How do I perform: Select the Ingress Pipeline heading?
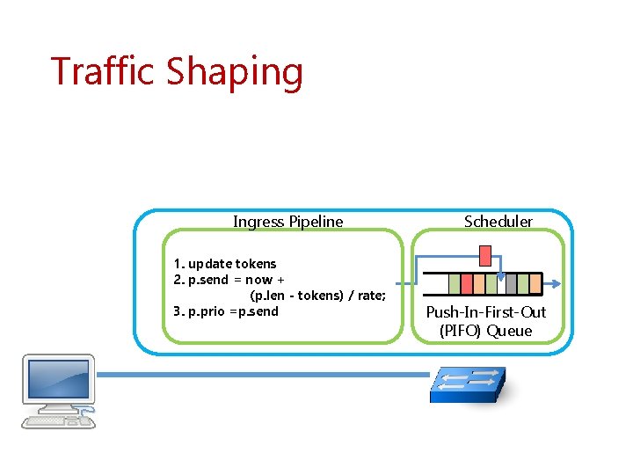(x=287, y=222)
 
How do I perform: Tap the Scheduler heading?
(x=498, y=222)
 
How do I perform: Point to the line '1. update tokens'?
(x=225, y=264)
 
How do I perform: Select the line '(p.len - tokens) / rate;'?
(x=317, y=296)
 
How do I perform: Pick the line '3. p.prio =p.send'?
(x=226, y=311)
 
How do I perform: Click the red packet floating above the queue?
(x=484, y=255)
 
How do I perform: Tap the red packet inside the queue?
(x=467, y=284)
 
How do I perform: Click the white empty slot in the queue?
(x=501, y=284)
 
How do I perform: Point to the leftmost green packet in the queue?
(x=455, y=284)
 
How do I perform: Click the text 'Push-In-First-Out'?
(x=485, y=312)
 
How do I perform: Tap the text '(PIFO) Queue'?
(x=485, y=331)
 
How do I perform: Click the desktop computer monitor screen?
(x=57, y=378)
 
